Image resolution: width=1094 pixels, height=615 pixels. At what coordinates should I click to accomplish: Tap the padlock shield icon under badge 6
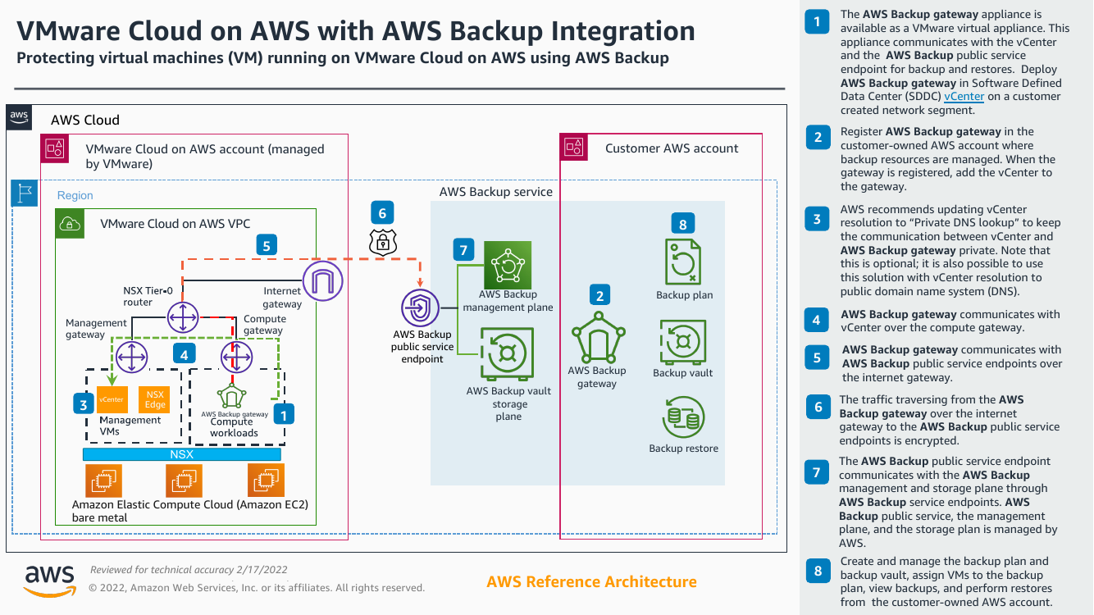382,241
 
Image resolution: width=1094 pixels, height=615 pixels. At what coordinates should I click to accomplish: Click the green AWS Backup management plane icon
508,265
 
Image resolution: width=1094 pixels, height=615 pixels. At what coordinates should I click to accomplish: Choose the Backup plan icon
682,262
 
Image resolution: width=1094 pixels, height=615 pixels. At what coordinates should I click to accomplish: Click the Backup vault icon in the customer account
682,341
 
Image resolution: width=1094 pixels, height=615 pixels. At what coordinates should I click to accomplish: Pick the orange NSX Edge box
154,399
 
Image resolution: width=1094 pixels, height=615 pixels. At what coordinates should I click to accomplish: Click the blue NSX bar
182,454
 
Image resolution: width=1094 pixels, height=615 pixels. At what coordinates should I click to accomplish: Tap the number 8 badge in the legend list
817,571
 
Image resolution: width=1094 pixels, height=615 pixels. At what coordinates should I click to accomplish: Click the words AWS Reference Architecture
591,582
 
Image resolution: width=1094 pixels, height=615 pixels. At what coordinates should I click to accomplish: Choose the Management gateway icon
131,357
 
